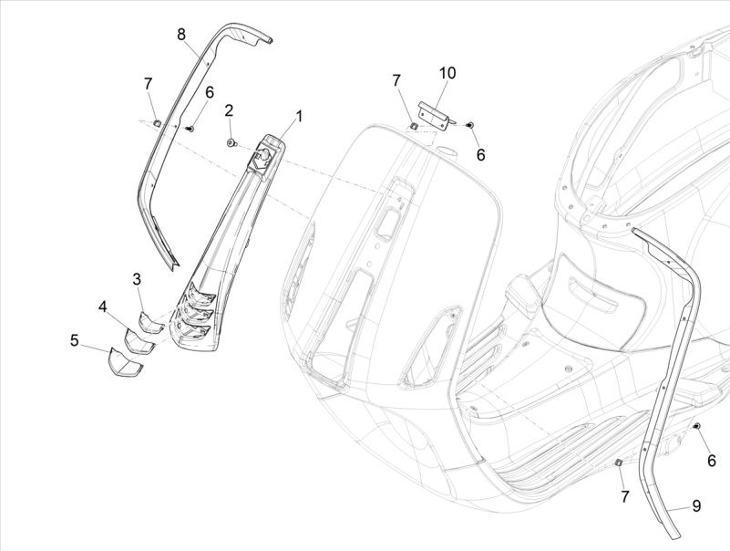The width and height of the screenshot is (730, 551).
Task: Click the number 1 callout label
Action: click(297, 116)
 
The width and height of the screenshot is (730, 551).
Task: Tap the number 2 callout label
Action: click(229, 110)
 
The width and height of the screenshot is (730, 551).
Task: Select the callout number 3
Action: click(137, 278)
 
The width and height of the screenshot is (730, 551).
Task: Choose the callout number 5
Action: click(74, 340)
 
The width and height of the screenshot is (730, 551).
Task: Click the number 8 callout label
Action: click(181, 35)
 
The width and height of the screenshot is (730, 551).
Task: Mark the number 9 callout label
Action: click(695, 504)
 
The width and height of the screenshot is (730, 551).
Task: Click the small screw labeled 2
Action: click(231, 141)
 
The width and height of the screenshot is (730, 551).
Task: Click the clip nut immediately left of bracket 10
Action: click(413, 125)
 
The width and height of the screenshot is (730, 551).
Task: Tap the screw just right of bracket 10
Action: click(468, 123)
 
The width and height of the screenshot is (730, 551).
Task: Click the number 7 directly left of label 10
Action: click(396, 81)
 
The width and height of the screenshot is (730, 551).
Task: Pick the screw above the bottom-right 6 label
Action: click(697, 426)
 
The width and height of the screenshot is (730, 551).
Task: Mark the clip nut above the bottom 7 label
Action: click(616, 463)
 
